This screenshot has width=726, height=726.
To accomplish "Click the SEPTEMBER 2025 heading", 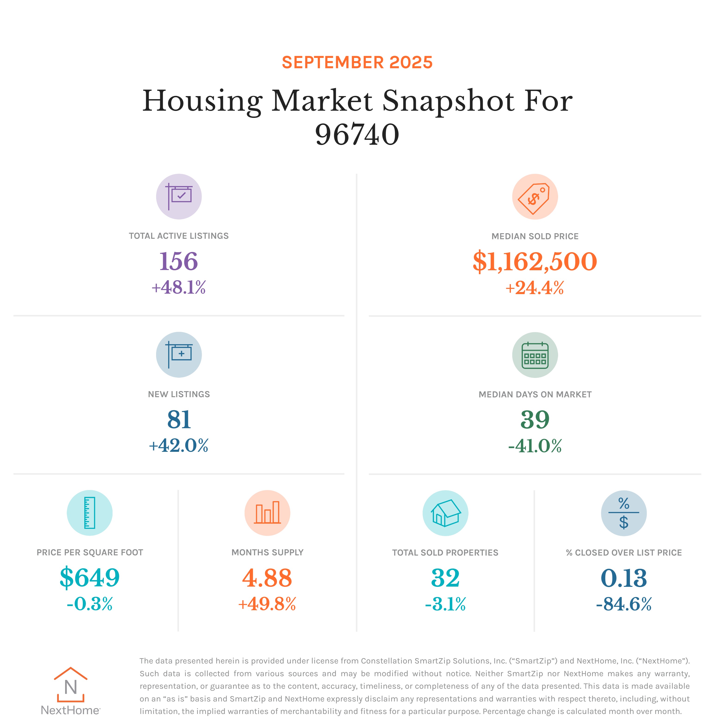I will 357,62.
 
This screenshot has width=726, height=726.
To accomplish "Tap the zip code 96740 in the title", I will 357,135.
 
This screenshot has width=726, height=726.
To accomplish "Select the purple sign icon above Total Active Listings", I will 179,197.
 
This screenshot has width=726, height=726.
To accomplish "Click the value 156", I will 179,261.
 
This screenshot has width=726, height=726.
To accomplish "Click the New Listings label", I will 179,394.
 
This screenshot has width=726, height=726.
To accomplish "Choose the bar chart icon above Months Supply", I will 267,513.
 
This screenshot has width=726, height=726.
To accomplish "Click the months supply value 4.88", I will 267,578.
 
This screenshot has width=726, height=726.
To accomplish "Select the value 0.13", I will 624,578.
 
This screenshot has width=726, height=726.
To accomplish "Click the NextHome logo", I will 71,691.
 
